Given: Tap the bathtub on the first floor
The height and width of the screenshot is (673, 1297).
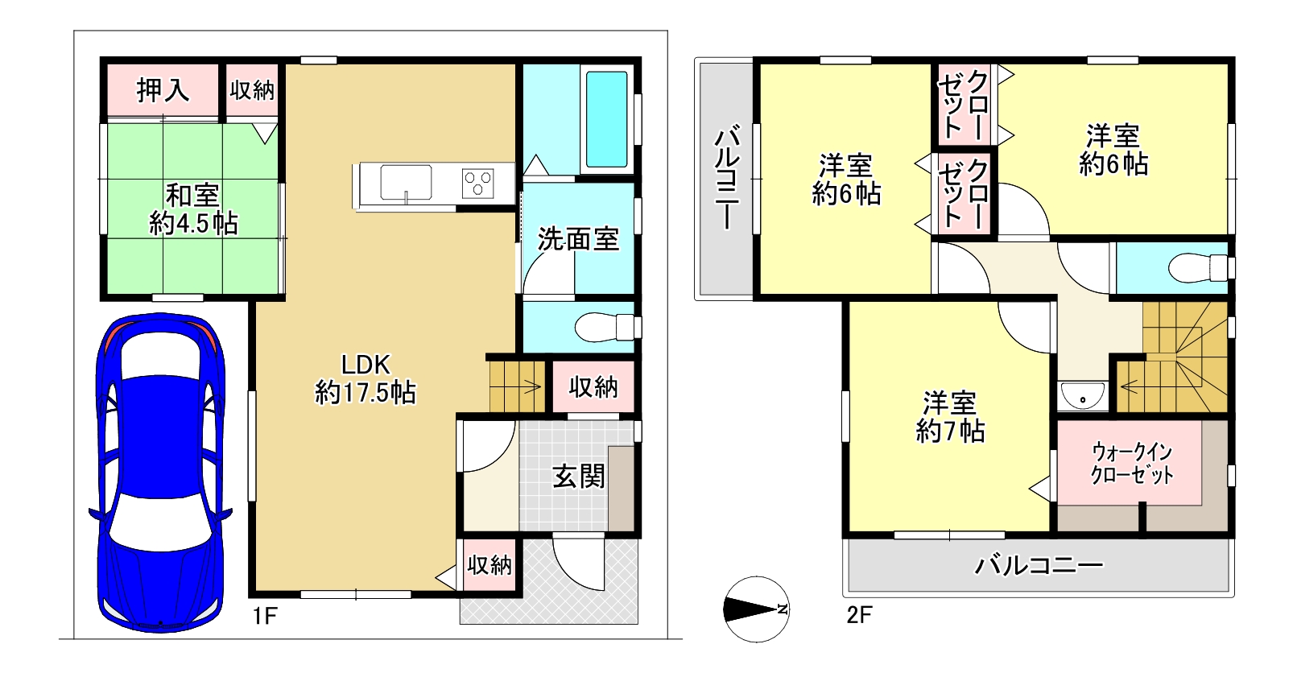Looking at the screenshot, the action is (x=606, y=119).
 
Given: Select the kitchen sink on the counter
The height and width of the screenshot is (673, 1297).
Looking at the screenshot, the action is (x=405, y=183).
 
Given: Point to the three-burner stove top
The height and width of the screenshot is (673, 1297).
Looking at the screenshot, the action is (x=477, y=183).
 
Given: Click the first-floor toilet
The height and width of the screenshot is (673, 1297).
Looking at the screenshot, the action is (x=608, y=327).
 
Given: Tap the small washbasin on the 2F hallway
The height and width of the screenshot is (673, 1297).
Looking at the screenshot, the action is (x=1082, y=395).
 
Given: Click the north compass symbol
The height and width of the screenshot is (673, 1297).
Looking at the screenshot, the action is (x=756, y=609).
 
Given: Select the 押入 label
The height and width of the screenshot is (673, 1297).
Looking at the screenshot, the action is (x=163, y=90).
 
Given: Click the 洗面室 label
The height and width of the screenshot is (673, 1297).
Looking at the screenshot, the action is (x=578, y=238).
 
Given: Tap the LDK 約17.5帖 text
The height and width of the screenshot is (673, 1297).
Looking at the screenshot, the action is (x=366, y=379).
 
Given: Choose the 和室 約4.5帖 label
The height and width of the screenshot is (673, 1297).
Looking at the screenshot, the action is (x=193, y=209).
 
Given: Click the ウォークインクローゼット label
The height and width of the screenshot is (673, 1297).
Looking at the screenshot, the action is (x=1132, y=464).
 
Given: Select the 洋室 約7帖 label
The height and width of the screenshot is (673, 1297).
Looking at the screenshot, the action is (x=950, y=417).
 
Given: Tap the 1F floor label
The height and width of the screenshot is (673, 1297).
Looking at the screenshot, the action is (x=265, y=616).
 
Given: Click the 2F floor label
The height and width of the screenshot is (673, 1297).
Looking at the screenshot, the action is (x=859, y=615).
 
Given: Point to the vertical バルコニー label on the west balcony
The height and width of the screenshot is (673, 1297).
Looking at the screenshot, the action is (x=727, y=180).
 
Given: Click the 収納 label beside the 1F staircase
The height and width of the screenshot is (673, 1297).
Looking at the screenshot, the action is (x=593, y=387).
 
